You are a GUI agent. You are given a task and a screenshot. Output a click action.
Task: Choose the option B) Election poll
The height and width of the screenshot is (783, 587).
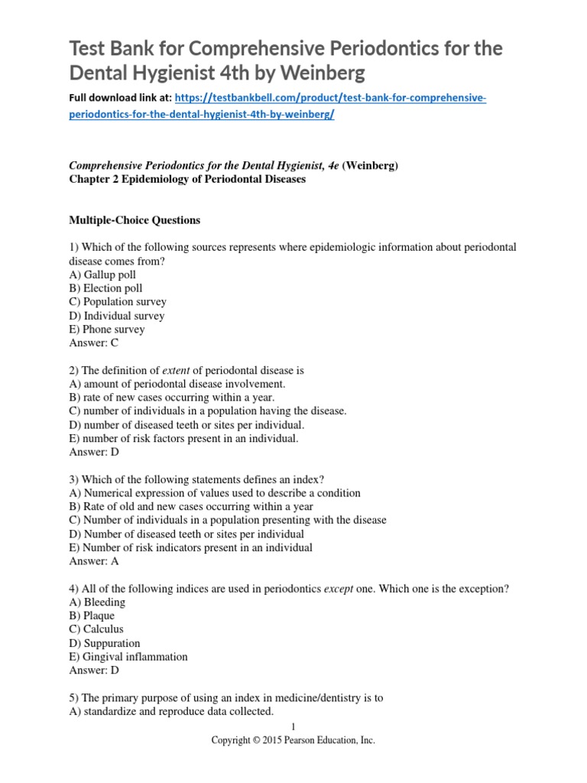coord(105,288)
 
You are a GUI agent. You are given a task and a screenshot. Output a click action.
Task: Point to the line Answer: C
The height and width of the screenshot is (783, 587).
coord(93,343)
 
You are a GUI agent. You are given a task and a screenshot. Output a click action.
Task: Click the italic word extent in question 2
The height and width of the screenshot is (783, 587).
coord(176,369)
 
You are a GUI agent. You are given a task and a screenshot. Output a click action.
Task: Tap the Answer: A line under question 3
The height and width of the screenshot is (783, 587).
coord(93,560)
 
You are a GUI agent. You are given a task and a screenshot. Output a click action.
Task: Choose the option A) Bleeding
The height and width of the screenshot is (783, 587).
coord(97,602)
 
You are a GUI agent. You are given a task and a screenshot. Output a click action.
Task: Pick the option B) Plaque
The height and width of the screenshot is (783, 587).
coord(92,616)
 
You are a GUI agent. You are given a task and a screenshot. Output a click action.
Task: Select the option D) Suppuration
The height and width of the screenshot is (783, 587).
coord(105,643)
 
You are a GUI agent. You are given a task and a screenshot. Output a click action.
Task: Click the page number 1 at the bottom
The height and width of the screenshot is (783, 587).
coord(293,726)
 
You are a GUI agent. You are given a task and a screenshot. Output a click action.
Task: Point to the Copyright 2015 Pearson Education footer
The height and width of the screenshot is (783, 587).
coord(293,741)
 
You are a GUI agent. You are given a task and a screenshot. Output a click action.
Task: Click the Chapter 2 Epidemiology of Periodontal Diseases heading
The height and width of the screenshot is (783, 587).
coord(187,180)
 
